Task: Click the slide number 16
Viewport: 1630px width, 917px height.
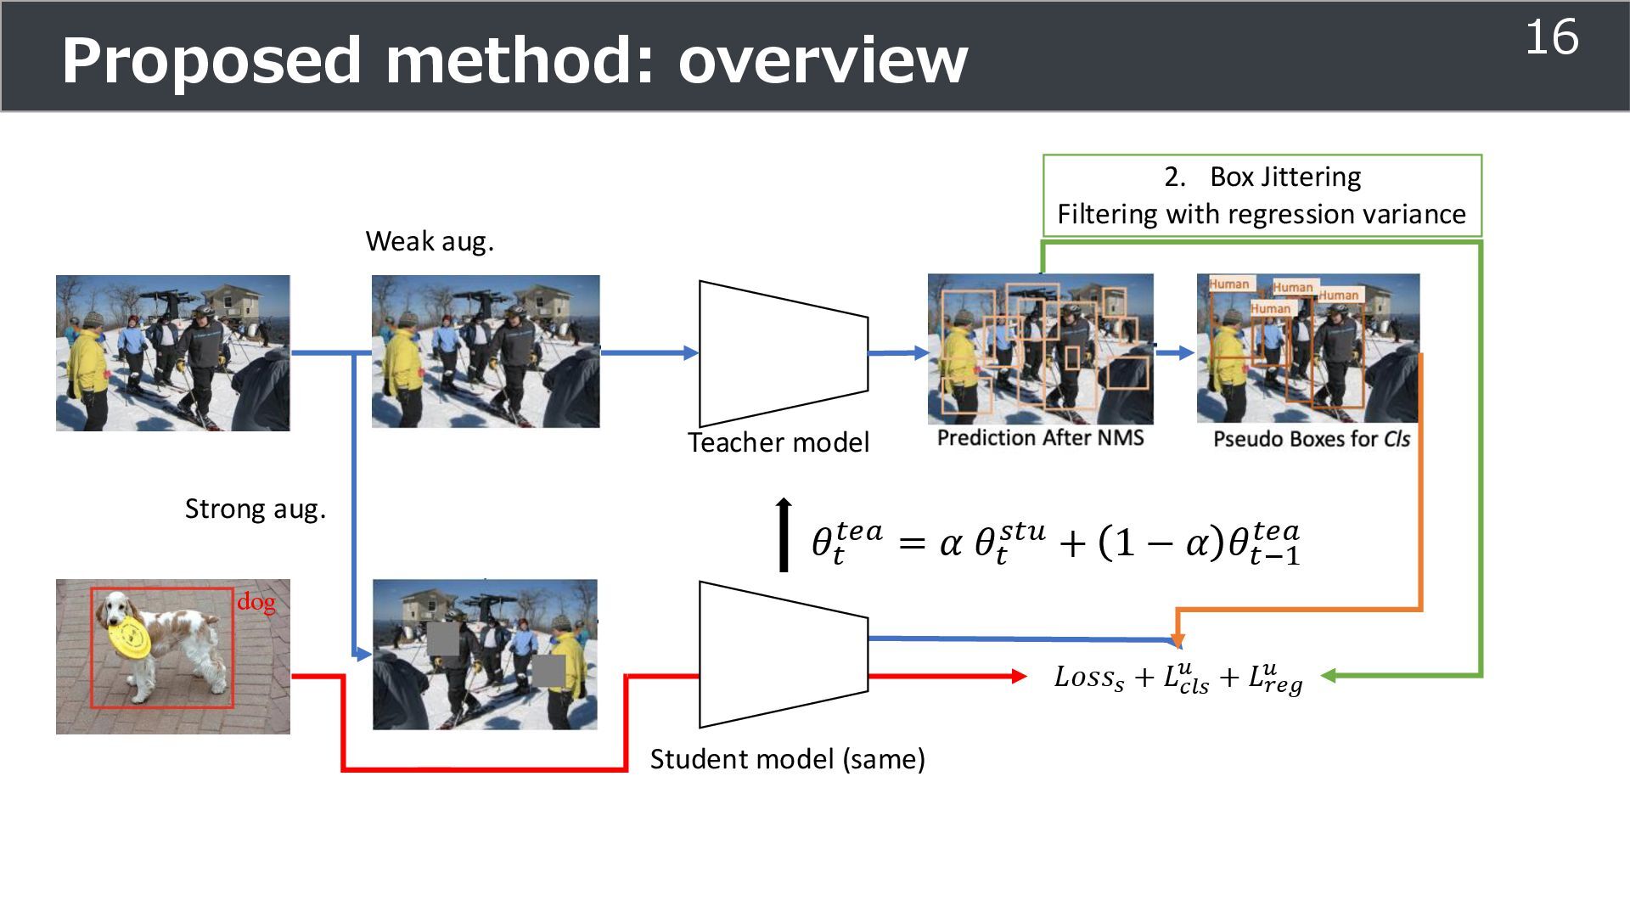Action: (x=1551, y=38)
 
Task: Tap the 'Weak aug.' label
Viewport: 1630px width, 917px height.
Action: (x=430, y=242)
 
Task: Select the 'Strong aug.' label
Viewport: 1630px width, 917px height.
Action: (x=255, y=509)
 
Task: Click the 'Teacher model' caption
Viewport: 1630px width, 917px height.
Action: (x=778, y=442)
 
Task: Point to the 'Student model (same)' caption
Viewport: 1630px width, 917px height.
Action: (x=787, y=758)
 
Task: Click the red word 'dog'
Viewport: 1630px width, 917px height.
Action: (x=256, y=602)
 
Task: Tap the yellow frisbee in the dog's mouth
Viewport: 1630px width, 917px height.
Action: (x=131, y=638)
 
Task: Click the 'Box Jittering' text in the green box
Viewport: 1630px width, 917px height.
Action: (x=1284, y=177)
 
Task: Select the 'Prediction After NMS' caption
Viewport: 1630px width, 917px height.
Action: (x=1040, y=437)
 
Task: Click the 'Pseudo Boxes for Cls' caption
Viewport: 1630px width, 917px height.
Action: (x=1311, y=439)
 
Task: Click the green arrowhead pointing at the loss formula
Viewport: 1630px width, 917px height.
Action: (x=1329, y=676)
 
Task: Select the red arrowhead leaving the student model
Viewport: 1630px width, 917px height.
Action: (x=1019, y=676)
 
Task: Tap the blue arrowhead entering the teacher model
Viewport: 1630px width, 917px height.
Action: (x=691, y=352)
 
